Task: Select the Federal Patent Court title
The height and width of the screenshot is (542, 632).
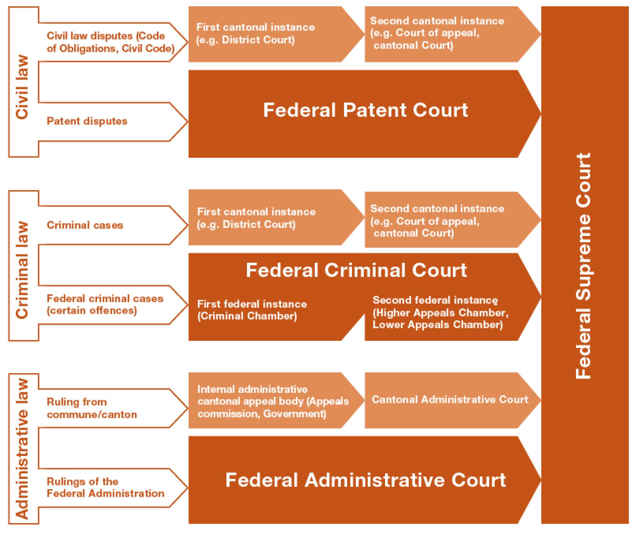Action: (x=366, y=110)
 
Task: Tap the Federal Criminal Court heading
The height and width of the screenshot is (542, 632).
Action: (x=356, y=270)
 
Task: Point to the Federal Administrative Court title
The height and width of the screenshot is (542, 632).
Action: (x=366, y=480)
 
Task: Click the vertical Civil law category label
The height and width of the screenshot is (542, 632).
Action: (x=23, y=87)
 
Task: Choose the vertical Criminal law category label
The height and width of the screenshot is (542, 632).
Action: (x=23, y=270)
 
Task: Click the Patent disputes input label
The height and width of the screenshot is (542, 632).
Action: (x=87, y=121)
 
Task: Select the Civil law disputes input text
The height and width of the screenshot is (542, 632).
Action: (x=110, y=42)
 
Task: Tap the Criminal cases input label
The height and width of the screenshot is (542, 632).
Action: (x=85, y=225)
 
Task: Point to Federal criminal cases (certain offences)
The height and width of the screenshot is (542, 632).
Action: (x=105, y=304)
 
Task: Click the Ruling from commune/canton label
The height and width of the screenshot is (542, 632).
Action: (x=92, y=408)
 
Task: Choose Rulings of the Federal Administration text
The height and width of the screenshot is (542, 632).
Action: (x=105, y=487)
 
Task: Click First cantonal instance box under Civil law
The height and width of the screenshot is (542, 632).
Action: (x=256, y=33)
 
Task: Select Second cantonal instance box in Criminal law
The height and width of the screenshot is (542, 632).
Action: (x=437, y=221)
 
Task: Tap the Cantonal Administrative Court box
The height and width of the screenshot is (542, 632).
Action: (x=450, y=399)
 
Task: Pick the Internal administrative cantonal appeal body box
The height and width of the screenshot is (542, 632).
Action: (x=273, y=401)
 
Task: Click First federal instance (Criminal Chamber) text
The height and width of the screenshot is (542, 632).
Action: (x=252, y=310)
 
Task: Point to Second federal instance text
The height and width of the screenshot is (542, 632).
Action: (x=440, y=312)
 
